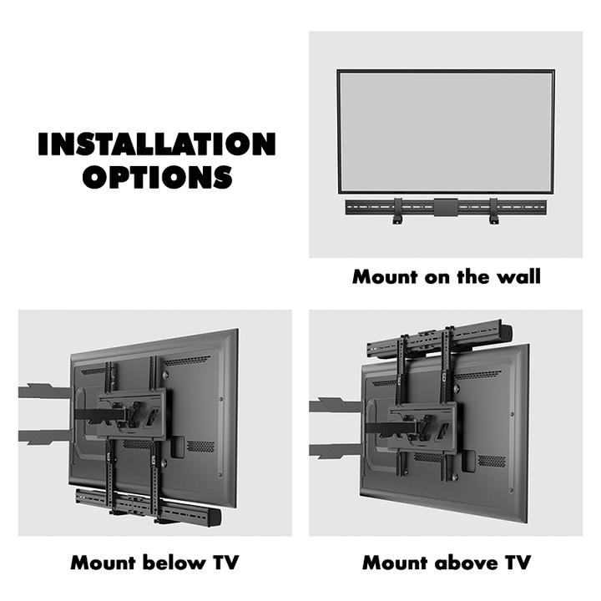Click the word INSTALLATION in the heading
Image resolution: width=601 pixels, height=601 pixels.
(x=156, y=144)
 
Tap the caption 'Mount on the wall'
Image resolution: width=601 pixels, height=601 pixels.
(x=446, y=276)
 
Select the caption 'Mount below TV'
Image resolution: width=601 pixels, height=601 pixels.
(x=154, y=563)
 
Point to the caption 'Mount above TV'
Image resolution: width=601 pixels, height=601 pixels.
(x=446, y=563)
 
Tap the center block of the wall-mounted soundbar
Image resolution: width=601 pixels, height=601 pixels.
(x=446, y=205)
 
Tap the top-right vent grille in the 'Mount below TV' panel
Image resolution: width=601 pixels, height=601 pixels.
(x=185, y=362)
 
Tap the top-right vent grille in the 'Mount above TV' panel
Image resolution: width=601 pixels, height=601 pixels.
(x=477, y=376)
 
